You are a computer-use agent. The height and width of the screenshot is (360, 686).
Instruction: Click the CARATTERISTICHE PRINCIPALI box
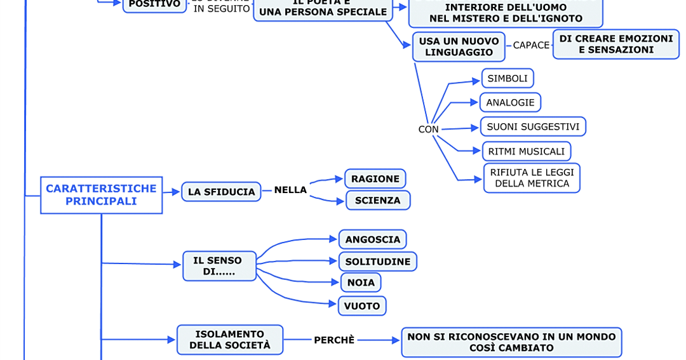coord(101,195)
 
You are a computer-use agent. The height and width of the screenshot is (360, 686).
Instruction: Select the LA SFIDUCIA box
coord(221,192)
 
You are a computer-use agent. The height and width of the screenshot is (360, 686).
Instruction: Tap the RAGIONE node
coord(375,179)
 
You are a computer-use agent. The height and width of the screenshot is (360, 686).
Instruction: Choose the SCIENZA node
coord(378,201)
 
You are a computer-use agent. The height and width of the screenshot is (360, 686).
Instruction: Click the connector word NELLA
coord(290,190)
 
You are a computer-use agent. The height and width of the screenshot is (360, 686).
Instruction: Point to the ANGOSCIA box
coord(372,239)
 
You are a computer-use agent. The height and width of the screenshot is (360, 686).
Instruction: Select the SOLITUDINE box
coord(377,262)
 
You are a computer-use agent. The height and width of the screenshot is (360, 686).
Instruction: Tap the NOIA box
coord(361,282)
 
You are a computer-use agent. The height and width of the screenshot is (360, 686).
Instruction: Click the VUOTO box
coord(362,306)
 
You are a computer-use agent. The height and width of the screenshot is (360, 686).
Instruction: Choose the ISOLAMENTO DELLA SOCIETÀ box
coord(229,340)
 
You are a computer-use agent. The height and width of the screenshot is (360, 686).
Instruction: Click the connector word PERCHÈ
coord(334,340)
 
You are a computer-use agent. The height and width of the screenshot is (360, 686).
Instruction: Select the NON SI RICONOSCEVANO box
coord(511,342)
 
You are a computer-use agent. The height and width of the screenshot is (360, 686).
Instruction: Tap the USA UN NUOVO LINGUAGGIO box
coord(459,47)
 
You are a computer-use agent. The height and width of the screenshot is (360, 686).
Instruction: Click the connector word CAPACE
coord(531,45)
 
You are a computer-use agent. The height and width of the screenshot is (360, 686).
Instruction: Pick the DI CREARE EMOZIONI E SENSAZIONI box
coord(615,44)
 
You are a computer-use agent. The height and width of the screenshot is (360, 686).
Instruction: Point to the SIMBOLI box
coord(508,79)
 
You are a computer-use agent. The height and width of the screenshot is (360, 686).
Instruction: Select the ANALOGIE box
coord(510,102)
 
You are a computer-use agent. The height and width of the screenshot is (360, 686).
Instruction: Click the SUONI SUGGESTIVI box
coord(532,126)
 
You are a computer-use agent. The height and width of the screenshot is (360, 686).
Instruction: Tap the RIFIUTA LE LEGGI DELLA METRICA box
coord(531,178)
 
